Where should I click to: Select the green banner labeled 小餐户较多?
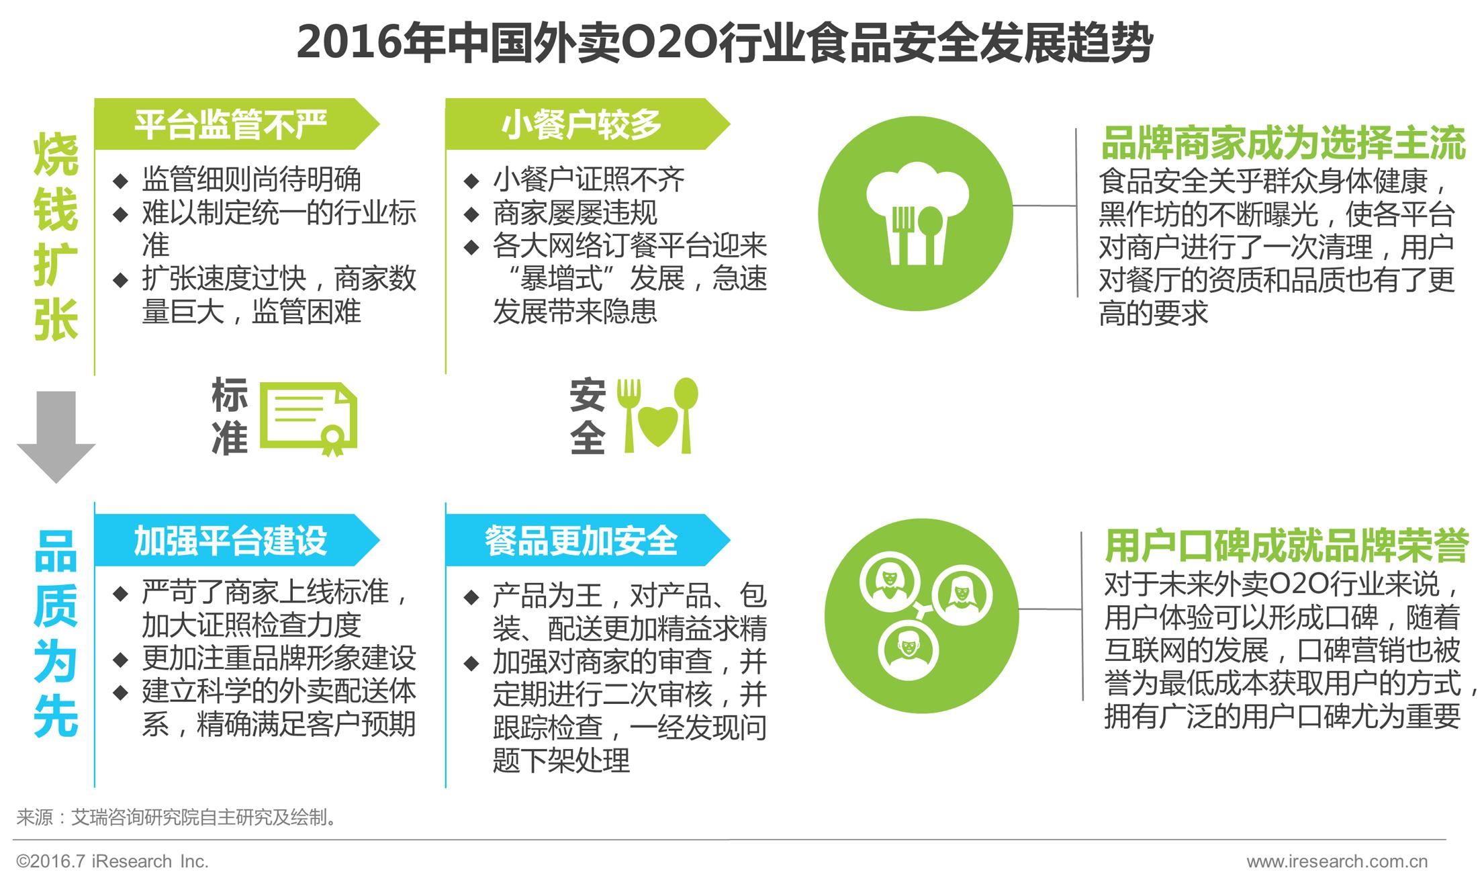click(x=582, y=124)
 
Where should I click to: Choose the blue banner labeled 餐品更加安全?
click(x=582, y=541)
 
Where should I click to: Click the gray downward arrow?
click(x=56, y=437)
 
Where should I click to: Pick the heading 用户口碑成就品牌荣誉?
click(x=1287, y=545)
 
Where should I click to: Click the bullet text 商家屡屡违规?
click(x=575, y=213)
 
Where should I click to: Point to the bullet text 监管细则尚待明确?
click(x=251, y=179)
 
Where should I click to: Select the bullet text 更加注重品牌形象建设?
click(x=279, y=658)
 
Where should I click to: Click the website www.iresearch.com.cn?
click(x=1337, y=861)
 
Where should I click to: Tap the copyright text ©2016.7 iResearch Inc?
click(x=112, y=861)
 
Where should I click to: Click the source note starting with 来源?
click(x=176, y=817)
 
